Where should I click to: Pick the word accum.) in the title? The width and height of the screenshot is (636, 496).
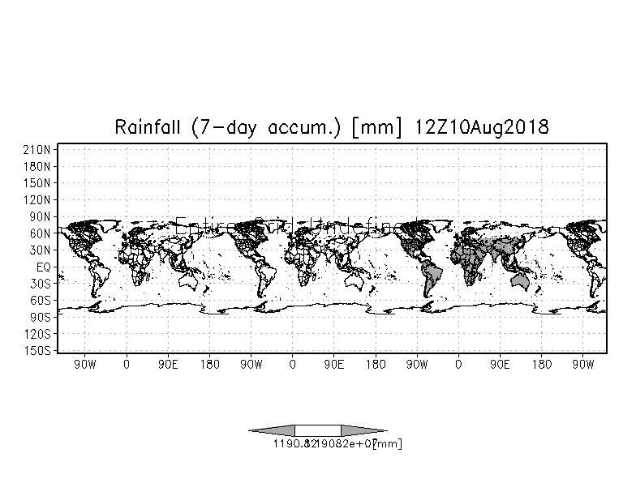point(294,128)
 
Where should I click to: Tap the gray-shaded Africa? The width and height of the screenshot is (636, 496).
point(475,259)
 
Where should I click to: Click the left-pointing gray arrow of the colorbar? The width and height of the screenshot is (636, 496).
point(273,430)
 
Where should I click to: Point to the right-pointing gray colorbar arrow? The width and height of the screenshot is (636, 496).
point(363,430)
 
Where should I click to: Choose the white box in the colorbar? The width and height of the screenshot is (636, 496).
point(318,430)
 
